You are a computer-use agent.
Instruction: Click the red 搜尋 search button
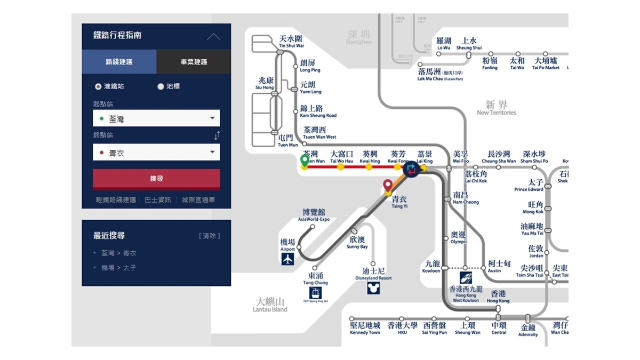[x=156, y=179]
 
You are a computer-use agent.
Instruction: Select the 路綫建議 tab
[x=119, y=62]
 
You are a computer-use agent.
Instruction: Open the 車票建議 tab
[x=194, y=62]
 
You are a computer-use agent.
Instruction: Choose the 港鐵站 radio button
[x=98, y=86]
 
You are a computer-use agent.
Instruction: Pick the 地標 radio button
[x=161, y=86]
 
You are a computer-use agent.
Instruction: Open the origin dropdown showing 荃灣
[x=156, y=118]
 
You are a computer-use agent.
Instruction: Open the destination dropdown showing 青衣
[x=156, y=153]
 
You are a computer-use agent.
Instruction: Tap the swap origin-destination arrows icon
[x=217, y=135]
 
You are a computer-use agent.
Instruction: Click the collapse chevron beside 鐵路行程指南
[x=213, y=36]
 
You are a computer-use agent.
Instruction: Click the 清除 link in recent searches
[x=209, y=236]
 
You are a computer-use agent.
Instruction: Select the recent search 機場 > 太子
[x=119, y=268]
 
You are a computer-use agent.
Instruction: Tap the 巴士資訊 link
[x=158, y=200]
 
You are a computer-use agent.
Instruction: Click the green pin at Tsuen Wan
[x=305, y=160]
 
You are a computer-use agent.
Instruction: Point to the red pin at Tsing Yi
[x=388, y=186]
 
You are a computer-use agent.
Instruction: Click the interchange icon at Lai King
[x=411, y=170]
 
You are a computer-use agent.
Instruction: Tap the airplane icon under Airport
[x=288, y=259]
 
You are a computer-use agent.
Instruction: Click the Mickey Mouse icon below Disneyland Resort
[x=373, y=288]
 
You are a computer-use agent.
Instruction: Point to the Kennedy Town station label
[x=365, y=328]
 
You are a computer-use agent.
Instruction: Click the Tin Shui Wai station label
[x=291, y=42]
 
